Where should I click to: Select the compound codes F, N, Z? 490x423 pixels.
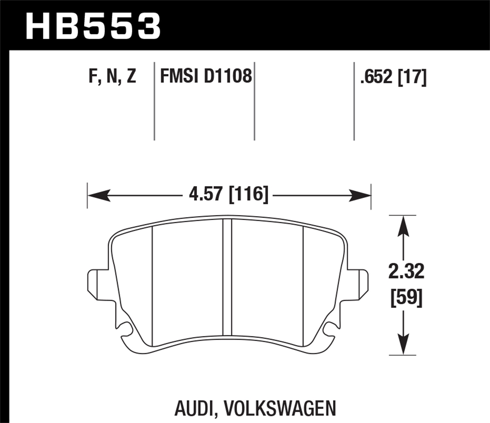click(x=112, y=77)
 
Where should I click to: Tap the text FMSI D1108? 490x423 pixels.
click(x=206, y=77)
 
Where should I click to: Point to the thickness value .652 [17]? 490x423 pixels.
click(x=393, y=77)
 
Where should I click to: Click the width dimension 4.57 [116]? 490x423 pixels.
click(x=228, y=195)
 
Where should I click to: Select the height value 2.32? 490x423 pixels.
click(x=406, y=272)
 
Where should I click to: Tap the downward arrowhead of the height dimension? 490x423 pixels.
click(x=404, y=344)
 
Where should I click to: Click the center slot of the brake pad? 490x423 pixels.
click(x=227, y=277)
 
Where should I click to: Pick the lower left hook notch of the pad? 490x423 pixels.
click(x=126, y=330)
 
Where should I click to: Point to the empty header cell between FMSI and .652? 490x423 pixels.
click(x=304, y=101)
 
